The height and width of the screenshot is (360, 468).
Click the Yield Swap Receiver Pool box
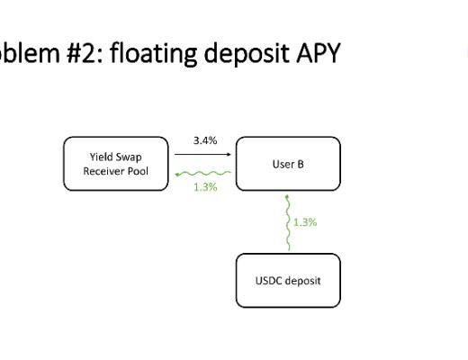[114, 164]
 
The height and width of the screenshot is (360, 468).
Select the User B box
[288, 164]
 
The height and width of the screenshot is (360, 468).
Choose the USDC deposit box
[288, 280]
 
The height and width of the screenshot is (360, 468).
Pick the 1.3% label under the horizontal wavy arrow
[203, 186]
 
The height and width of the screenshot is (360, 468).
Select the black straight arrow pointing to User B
[202, 155]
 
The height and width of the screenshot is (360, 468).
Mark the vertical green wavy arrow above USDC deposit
[287, 222]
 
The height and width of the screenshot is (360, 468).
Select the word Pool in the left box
[138, 171]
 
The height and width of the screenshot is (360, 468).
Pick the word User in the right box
[281, 164]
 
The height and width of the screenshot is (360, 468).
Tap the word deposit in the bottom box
[302, 280]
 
